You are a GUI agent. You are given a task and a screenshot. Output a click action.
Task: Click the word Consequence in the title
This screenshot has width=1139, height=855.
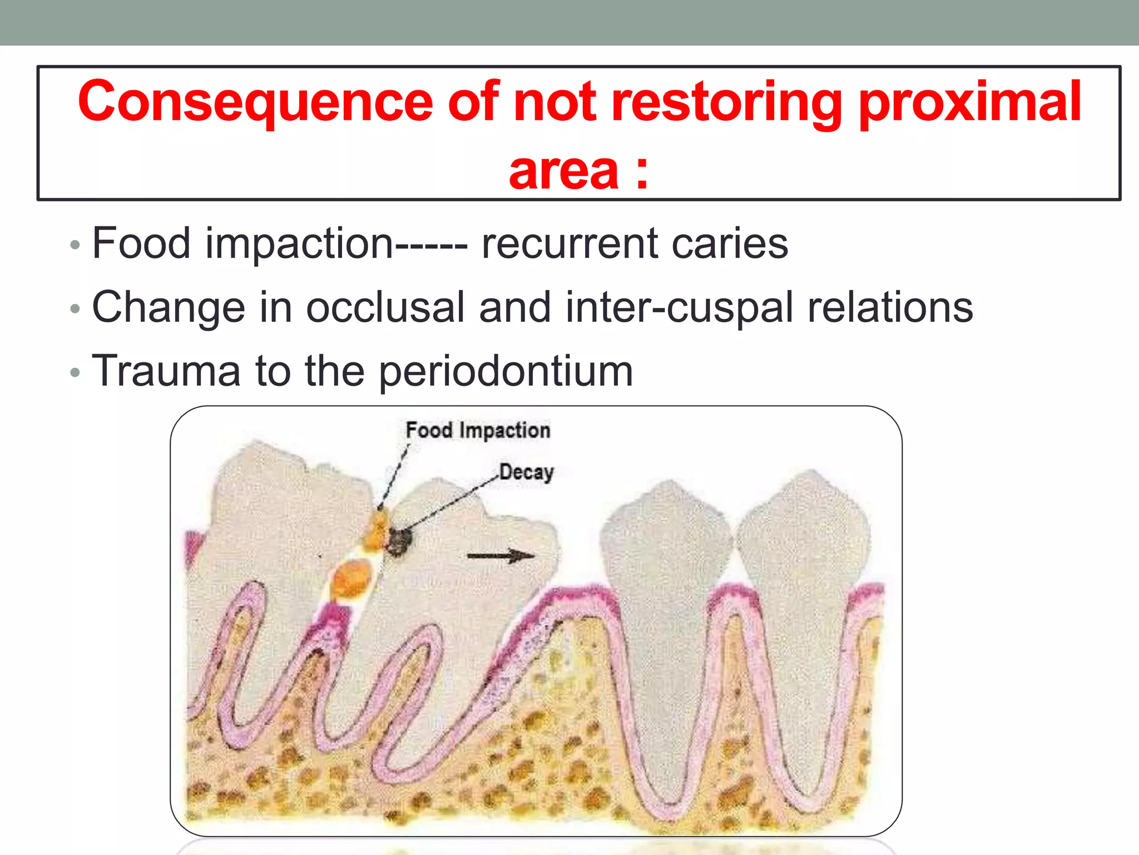(255, 102)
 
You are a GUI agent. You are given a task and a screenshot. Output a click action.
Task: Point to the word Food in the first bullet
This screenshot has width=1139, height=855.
(141, 243)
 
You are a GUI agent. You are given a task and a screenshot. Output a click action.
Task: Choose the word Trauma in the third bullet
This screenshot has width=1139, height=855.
(166, 371)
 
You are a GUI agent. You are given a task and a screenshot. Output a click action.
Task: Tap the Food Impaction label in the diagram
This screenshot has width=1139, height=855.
(478, 430)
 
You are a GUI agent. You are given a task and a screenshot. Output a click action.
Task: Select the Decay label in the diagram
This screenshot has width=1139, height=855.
(526, 472)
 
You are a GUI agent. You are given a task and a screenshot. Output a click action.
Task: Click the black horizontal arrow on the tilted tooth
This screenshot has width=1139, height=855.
(500, 556)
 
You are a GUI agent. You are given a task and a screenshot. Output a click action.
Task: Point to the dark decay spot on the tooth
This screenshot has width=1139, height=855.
(399, 540)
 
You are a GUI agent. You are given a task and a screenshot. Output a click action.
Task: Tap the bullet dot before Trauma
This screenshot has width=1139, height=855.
(76, 372)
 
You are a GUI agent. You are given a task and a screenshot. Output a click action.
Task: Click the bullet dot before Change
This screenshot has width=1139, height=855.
(76, 308)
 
